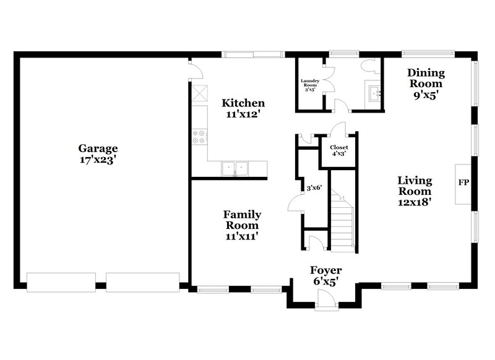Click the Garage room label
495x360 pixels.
98,148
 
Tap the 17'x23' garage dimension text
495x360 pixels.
98,160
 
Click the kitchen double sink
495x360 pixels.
235,168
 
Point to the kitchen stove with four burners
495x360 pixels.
199,136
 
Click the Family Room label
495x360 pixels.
242,220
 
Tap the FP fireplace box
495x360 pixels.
463,184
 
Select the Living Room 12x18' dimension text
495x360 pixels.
415,201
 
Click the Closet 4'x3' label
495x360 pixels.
338,150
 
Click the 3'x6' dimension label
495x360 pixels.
314,188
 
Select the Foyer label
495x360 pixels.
325,271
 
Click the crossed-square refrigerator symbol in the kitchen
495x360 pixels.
200,95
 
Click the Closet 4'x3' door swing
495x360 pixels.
337,130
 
